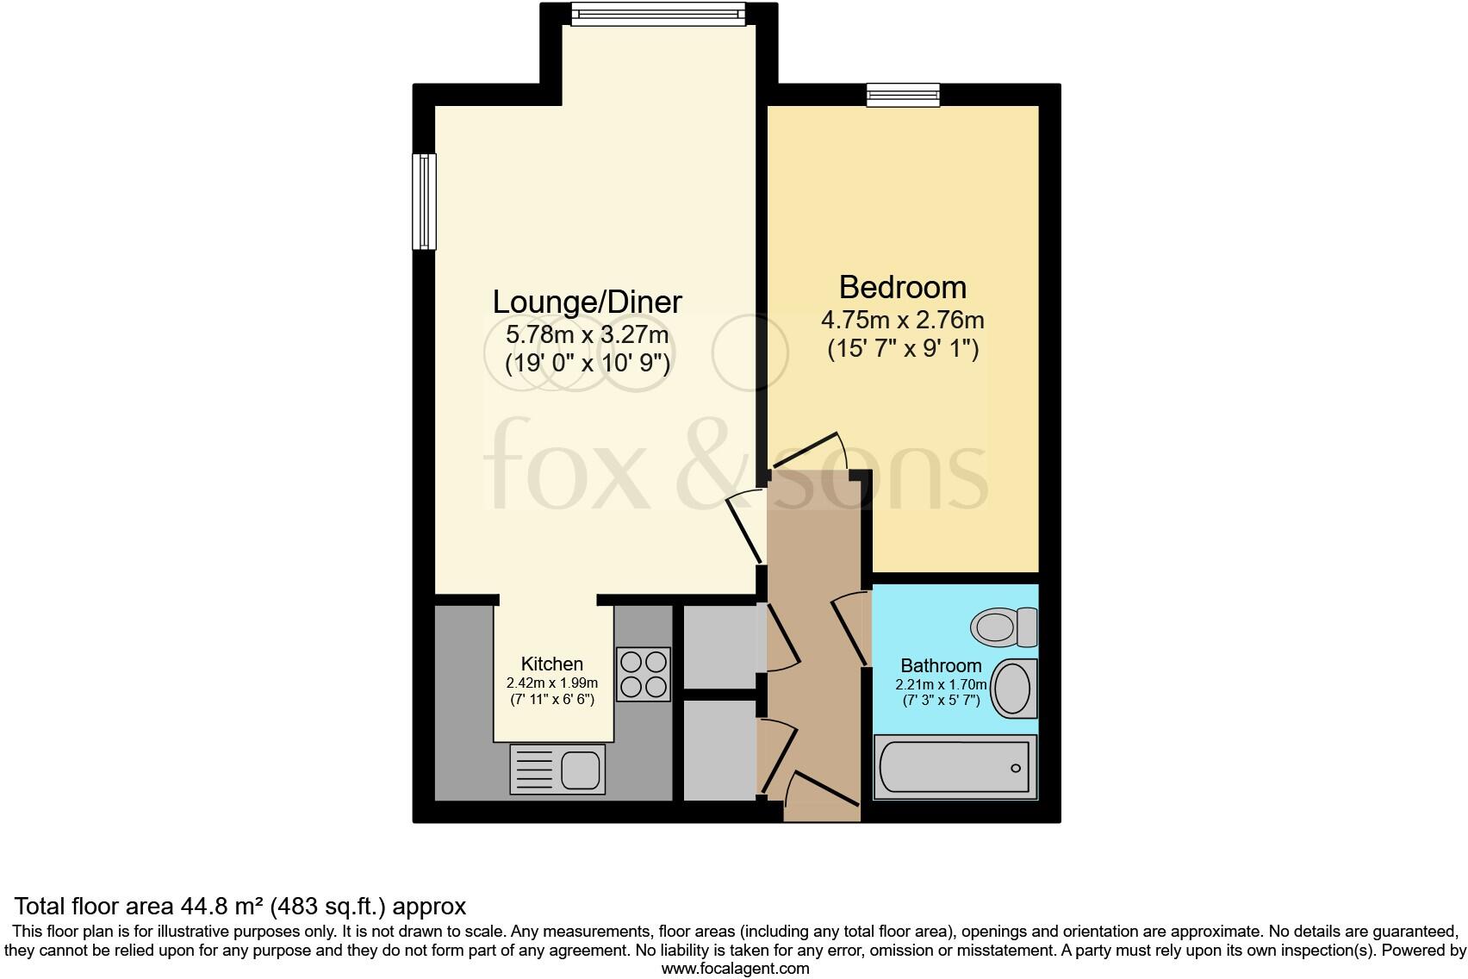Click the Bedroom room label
[902, 287]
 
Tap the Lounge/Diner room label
[587, 302]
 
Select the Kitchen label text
[552, 664]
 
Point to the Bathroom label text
[941, 665]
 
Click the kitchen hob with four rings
[643, 674]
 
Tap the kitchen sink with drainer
[557, 769]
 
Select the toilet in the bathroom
[1005, 626]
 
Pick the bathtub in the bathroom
[955, 766]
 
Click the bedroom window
[903, 94]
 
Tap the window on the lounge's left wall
[424, 201]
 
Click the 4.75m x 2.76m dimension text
[902, 321]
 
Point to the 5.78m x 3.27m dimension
[587, 334]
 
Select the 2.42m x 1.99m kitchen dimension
[552, 683]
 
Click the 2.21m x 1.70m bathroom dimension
[941, 684]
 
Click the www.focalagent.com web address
[735, 968]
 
